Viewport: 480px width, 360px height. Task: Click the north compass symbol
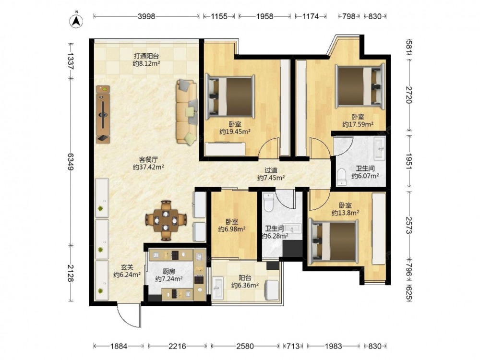coord(77,20)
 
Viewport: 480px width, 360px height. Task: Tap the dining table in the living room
coord(166,220)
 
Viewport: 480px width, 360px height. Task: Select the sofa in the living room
coord(186,112)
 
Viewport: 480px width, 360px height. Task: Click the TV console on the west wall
coord(103,114)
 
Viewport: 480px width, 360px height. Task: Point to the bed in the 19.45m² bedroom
coord(229,96)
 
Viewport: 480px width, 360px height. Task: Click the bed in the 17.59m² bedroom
coord(360,86)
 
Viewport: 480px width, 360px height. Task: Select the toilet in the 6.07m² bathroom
coord(341,177)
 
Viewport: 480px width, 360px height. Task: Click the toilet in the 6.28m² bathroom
coord(268,202)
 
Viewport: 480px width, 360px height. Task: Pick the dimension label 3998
coord(146,16)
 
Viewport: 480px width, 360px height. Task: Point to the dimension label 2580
coord(245,346)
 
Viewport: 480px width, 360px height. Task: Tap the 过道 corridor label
coord(271,170)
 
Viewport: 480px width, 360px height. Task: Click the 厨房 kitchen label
coord(168,271)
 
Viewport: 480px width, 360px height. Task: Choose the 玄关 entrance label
coord(127,267)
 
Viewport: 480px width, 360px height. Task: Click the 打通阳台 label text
coord(146,56)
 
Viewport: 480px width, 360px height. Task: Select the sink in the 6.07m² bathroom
coord(379,148)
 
